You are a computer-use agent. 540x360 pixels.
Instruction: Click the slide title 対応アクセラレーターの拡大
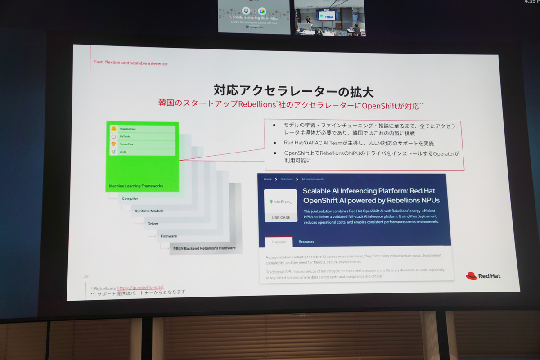(x=293, y=90)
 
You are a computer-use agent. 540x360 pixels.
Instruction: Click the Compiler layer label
(x=130, y=198)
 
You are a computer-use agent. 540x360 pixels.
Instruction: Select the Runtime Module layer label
(x=149, y=211)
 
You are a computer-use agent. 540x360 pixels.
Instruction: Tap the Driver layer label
(x=153, y=224)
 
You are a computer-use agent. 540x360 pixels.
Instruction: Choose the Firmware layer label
(x=169, y=236)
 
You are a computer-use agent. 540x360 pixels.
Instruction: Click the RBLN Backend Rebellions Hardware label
(x=204, y=248)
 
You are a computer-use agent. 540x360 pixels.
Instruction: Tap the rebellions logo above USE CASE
(x=281, y=202)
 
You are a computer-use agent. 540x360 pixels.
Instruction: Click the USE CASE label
(x=281, y=218)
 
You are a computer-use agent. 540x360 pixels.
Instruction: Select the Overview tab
(x=279, y=242)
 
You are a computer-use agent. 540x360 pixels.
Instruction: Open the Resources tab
(x=306, y=242)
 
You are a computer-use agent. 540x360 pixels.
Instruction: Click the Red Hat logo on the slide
(x=483, y=276)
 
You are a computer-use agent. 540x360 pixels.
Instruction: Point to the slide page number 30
(x=85, y=276)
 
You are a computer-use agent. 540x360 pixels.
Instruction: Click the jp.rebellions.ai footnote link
(x=140, y=287)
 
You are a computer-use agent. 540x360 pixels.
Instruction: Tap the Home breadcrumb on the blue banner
(x=268, y=179)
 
